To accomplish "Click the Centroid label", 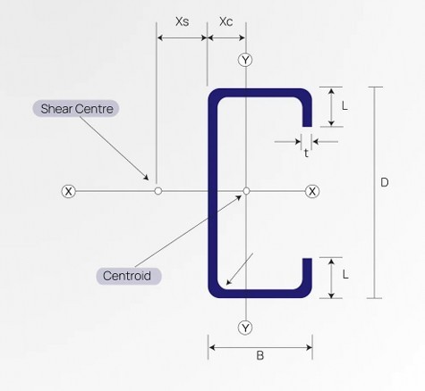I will [x=128, y=275].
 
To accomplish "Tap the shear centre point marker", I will [x=157, y=191].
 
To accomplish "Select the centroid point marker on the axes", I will [x=246, y=190].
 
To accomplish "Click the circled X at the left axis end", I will [x=69, y=191].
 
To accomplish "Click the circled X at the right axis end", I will [x=312, y=191].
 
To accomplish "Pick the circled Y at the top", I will [x=246, y=60].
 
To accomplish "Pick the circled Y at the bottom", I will [x=246, y=328].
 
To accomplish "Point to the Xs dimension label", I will [x=182, y=21].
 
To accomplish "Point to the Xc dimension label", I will [x=225, y=21].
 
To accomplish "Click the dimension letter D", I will [x=384, y=183].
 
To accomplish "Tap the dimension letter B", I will [x=259, y=355].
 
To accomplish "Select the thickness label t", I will [x=306, y=153].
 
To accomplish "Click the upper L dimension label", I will [x=344, y=105].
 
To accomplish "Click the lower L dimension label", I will [x=344, y=279].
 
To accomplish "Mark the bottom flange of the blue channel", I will [x=259, y=291].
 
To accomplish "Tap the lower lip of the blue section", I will [x=306, y=276].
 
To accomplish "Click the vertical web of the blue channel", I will [x=214, y=191].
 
